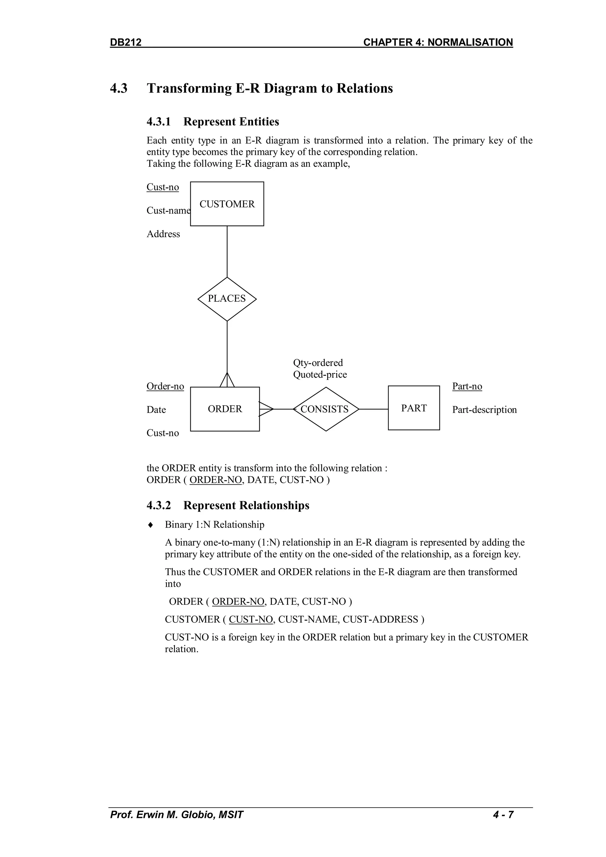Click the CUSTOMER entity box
point(227,204)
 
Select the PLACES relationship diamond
point(227,299)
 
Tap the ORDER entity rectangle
point(225,409)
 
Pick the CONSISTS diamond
point(325,409)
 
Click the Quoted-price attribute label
point(320,374)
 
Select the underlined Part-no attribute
point(467,386)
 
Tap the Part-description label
point(484,409)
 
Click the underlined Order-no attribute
point(165,386)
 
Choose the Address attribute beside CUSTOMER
point(163,234)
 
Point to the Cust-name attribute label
point(168,210)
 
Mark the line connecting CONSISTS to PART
point(373,409)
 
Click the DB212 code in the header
point(126,42)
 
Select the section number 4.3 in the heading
point(119,89)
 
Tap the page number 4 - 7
point(503,814)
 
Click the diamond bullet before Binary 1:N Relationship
point(150,525)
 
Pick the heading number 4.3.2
point(159,505)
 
